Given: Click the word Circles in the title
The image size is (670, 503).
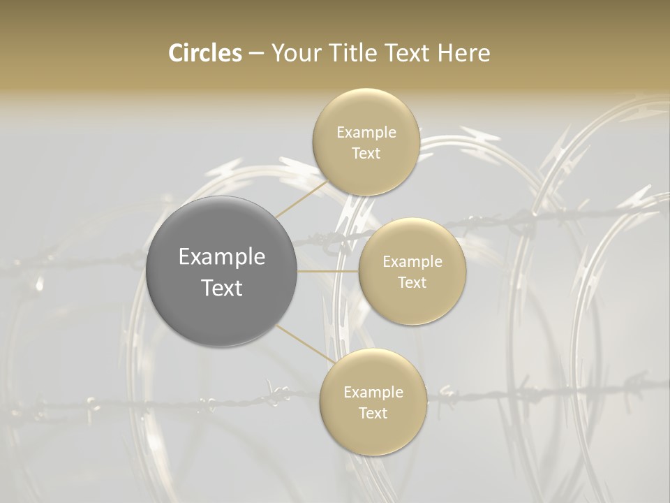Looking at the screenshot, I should tap(205, 52).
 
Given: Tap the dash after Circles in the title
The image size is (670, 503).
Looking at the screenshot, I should tap(255, 53).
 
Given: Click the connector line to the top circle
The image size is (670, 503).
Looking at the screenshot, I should tap(301, 198).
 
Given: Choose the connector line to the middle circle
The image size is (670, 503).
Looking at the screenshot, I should tap(328, 271).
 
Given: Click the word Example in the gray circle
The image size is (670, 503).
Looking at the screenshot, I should tap(222, 257).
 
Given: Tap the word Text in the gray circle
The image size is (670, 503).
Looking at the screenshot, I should tap(222, 288).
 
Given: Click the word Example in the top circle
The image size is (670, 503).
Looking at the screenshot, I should tap(366, 133).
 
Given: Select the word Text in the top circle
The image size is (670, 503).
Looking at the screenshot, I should tap(366, 154).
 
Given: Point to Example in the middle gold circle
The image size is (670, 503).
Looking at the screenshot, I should tap(412, 262).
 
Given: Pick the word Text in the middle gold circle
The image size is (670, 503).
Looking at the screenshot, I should tap(412, 283).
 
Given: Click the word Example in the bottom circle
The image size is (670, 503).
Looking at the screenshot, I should tap(373, 393).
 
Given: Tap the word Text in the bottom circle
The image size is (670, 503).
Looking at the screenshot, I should tap(373, 414).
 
